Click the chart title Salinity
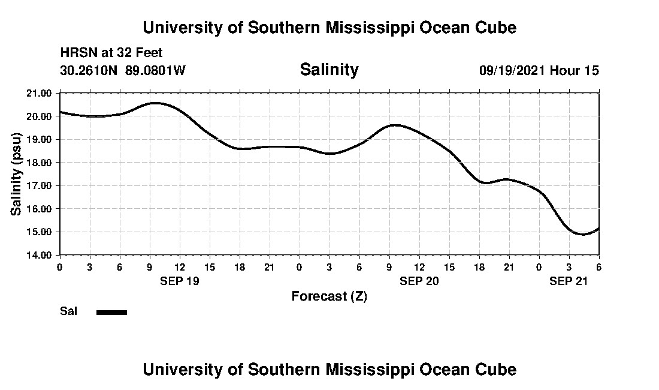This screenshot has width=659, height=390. [329, 70]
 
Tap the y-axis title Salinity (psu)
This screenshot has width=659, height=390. [17, 174]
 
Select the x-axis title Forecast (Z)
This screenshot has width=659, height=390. [329, 296]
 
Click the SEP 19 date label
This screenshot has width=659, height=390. [179, 281]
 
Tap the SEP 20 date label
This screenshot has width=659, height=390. [419, 281]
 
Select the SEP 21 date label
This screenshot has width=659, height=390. [569, 281]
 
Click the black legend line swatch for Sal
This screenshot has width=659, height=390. [111, 312]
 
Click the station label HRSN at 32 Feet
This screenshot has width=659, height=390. [111, 53]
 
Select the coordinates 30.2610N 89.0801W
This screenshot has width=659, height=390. [123, 70]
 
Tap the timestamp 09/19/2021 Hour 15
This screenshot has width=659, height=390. [539, 70]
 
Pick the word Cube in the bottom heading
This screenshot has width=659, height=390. [495, 369]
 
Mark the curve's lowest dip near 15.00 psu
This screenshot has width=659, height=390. [583, 234]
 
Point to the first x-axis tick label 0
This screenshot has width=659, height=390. [59, 266]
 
